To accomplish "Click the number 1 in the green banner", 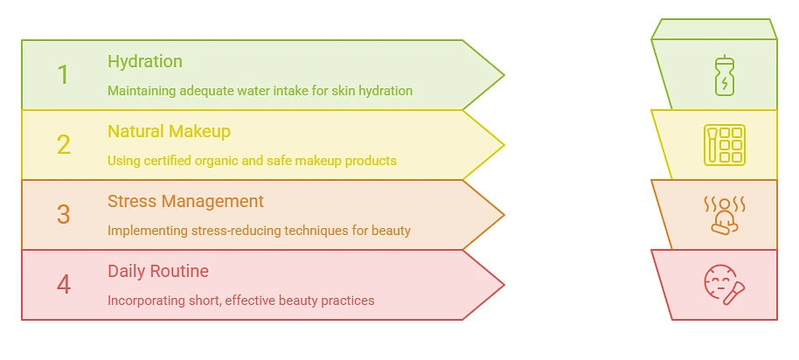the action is [63, 75].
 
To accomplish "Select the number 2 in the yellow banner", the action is [64, 144].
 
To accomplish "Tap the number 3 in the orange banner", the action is [63, 214].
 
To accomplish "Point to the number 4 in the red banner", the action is [64, 285].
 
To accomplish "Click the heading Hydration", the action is [145, 62].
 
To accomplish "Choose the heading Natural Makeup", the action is [170, 131].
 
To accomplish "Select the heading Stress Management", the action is [185, 201].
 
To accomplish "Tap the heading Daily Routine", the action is [158, 271].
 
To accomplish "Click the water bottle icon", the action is [724, 76].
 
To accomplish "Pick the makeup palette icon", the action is [724, 145].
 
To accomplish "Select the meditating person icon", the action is [724, 216].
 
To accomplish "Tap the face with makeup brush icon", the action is [724, 284].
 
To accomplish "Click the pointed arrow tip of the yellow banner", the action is [504, 145].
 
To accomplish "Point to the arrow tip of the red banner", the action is [504, 285].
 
